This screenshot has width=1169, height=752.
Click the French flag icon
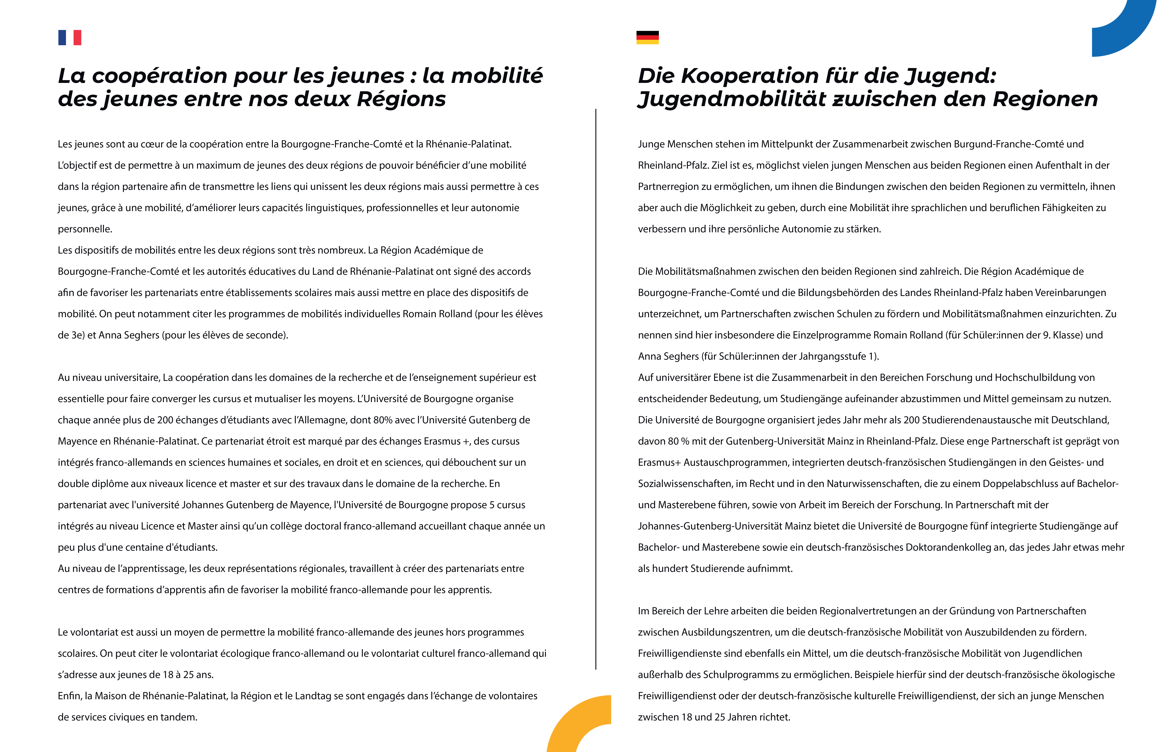(70, 38)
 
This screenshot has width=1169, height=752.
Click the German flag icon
(647, 38)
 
